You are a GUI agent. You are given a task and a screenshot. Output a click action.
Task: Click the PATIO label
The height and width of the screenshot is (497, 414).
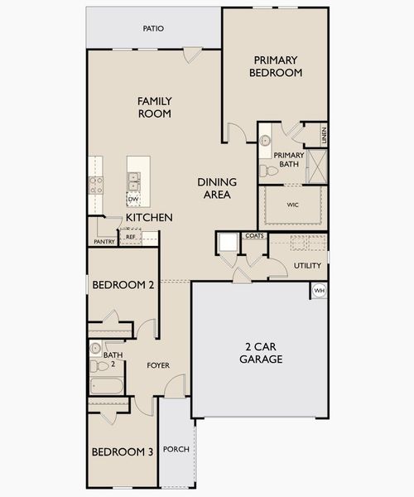(x=153, y=28)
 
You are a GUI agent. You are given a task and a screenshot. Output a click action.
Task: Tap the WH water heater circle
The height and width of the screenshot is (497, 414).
(x=319, y=291)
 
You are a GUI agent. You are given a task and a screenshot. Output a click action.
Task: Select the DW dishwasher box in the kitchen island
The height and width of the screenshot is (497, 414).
(x=133, y=200)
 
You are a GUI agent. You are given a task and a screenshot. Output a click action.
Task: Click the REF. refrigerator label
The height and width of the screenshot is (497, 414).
(x=131, y=237)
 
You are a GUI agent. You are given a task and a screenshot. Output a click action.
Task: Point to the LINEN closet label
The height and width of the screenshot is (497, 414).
(x=324, y=135)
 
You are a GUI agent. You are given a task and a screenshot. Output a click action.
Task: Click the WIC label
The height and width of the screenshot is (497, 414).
(x=292, y=205)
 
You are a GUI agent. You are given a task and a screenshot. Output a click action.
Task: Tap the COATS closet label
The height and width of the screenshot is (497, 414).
(x=255, y=236)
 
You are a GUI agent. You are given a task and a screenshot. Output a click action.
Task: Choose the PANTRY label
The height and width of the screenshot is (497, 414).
(x=104, y=242)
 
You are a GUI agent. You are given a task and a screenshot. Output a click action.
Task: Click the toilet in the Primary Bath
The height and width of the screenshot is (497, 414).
(x=268, y=171)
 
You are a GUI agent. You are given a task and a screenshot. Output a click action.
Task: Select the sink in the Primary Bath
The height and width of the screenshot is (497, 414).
(x=265, y=141)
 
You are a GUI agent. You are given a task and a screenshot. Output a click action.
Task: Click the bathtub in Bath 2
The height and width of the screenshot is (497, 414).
(x=106, y=386)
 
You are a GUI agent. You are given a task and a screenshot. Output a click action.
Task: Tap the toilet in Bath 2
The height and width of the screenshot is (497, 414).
(x=99, y=366)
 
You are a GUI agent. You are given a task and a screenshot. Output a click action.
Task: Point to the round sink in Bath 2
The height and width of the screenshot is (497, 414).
(x=95, y=349)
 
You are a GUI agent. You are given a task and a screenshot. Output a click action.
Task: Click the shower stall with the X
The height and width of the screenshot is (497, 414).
(x=317, y=166)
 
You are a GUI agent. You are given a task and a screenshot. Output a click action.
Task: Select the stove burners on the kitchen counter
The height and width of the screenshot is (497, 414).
(x=96, y=186)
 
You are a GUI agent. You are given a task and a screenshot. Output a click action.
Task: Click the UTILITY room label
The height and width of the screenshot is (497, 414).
(x=307, y=266)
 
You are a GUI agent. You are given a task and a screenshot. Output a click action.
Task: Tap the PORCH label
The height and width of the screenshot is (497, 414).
(x=176, y=449)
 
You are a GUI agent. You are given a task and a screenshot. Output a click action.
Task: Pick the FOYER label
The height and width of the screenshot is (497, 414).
(x=158, y=365)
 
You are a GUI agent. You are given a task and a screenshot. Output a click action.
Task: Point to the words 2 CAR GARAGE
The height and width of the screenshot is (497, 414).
(x=261, y=353)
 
